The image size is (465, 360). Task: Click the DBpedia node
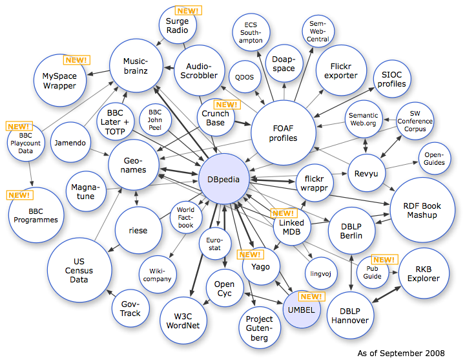click(223, 179)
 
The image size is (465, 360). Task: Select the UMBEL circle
click(302, 309)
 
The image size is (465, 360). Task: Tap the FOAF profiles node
click(284, 132)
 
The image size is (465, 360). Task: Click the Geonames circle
click(134, 165)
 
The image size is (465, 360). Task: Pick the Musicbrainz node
click(136, 65)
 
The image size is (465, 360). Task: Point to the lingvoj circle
click(321, 273)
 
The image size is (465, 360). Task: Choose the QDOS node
click(245, 77)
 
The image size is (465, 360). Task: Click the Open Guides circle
click(435, 158)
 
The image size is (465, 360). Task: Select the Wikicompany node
click(158, 275)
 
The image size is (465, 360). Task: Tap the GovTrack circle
click(130, 308)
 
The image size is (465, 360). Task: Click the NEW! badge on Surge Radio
click(189, 10)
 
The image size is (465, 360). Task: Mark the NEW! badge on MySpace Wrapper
click(76, 60)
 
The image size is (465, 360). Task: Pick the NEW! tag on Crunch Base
click(227, 105)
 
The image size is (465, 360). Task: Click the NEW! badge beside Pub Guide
click(384, 260)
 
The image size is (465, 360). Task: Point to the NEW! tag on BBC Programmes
click(19, 195)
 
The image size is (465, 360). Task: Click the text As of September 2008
click(401, 353)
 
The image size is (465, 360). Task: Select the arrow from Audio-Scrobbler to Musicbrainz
click(169, 68)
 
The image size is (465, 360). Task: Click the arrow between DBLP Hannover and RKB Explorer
click(386, 295)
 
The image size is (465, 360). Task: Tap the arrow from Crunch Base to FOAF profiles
click(243, 123)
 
